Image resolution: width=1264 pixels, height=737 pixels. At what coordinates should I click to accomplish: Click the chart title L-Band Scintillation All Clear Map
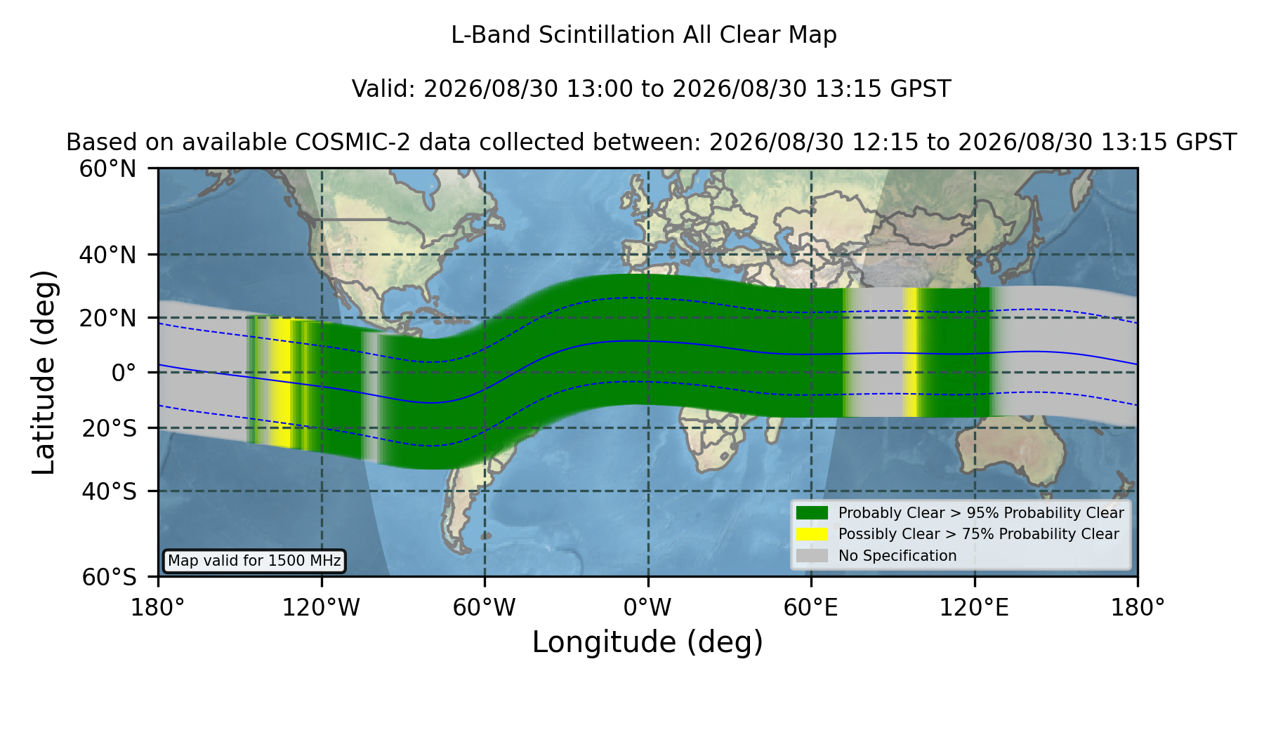click(643, 35)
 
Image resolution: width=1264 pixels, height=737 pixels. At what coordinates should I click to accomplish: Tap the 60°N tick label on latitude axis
click(107, 168)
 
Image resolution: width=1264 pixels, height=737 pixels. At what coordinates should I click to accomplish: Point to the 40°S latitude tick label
click(109, 491)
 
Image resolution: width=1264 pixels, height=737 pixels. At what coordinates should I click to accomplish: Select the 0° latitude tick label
click(124, 373)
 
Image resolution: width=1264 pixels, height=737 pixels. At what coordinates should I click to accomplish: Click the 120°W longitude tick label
click(321, 607)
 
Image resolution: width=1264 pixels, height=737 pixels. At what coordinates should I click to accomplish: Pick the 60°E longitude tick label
click(811, 607)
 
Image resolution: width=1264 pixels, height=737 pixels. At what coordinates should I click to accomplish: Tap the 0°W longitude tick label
click(647, 607)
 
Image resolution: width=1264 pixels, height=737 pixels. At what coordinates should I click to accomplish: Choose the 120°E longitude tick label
click(974, 607)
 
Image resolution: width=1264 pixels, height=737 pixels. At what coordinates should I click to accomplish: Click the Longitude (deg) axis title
click(647, 642)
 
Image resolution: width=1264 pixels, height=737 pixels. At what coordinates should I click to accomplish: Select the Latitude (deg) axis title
click(44, 372)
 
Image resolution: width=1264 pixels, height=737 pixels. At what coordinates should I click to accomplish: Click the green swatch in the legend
click(812, 513)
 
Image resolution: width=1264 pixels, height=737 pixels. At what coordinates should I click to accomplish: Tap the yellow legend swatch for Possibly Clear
click(812, 534)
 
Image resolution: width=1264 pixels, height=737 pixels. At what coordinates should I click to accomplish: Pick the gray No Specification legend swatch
click(812, 556)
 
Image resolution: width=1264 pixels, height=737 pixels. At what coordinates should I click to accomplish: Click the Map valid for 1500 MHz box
click(254, 561)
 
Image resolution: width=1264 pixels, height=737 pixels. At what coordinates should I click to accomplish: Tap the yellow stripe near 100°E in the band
click(910, 352)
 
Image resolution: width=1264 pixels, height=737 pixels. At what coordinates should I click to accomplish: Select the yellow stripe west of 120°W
click(281, 383)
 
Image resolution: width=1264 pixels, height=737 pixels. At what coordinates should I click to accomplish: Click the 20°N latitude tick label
click(107, 318)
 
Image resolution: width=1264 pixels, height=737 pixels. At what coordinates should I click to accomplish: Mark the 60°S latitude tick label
click(109, 577)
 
